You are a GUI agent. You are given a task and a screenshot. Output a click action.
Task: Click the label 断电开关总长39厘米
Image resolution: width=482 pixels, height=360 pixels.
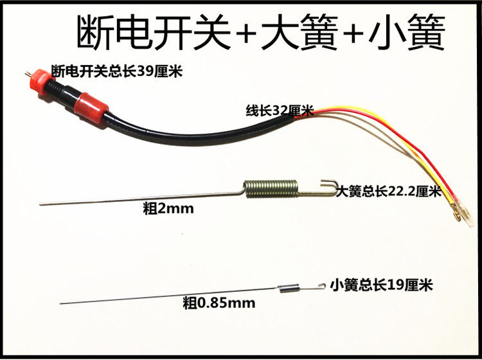point(117,71)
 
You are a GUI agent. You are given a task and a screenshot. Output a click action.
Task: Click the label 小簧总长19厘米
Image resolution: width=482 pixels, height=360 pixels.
point(379,283)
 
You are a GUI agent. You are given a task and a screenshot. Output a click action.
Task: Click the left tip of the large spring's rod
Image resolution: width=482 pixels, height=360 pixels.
point(41,204)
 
